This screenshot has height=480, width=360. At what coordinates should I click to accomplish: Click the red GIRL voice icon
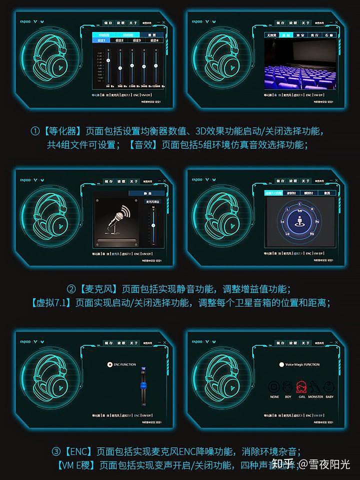click(301, 386)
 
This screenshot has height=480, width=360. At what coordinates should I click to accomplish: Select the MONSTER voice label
click(315, 396)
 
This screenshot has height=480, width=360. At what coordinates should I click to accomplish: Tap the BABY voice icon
click(329, 386)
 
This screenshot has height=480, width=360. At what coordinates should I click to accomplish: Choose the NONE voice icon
click(274, 386)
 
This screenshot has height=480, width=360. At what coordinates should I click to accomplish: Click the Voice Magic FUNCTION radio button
click(281, 364)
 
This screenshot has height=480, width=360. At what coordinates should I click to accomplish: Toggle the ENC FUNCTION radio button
click(109, 364)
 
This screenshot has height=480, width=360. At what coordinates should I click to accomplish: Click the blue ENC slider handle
click(143, 385)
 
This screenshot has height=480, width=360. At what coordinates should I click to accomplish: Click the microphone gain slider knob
click(153, 225)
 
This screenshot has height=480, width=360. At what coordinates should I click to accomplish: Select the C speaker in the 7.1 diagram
click(299, 204)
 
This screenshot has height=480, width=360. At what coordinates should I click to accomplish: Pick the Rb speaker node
click(312, 233)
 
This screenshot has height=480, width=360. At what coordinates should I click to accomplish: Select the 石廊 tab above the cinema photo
click(328, 35)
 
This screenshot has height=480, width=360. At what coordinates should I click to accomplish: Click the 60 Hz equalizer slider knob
click(107, 60)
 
